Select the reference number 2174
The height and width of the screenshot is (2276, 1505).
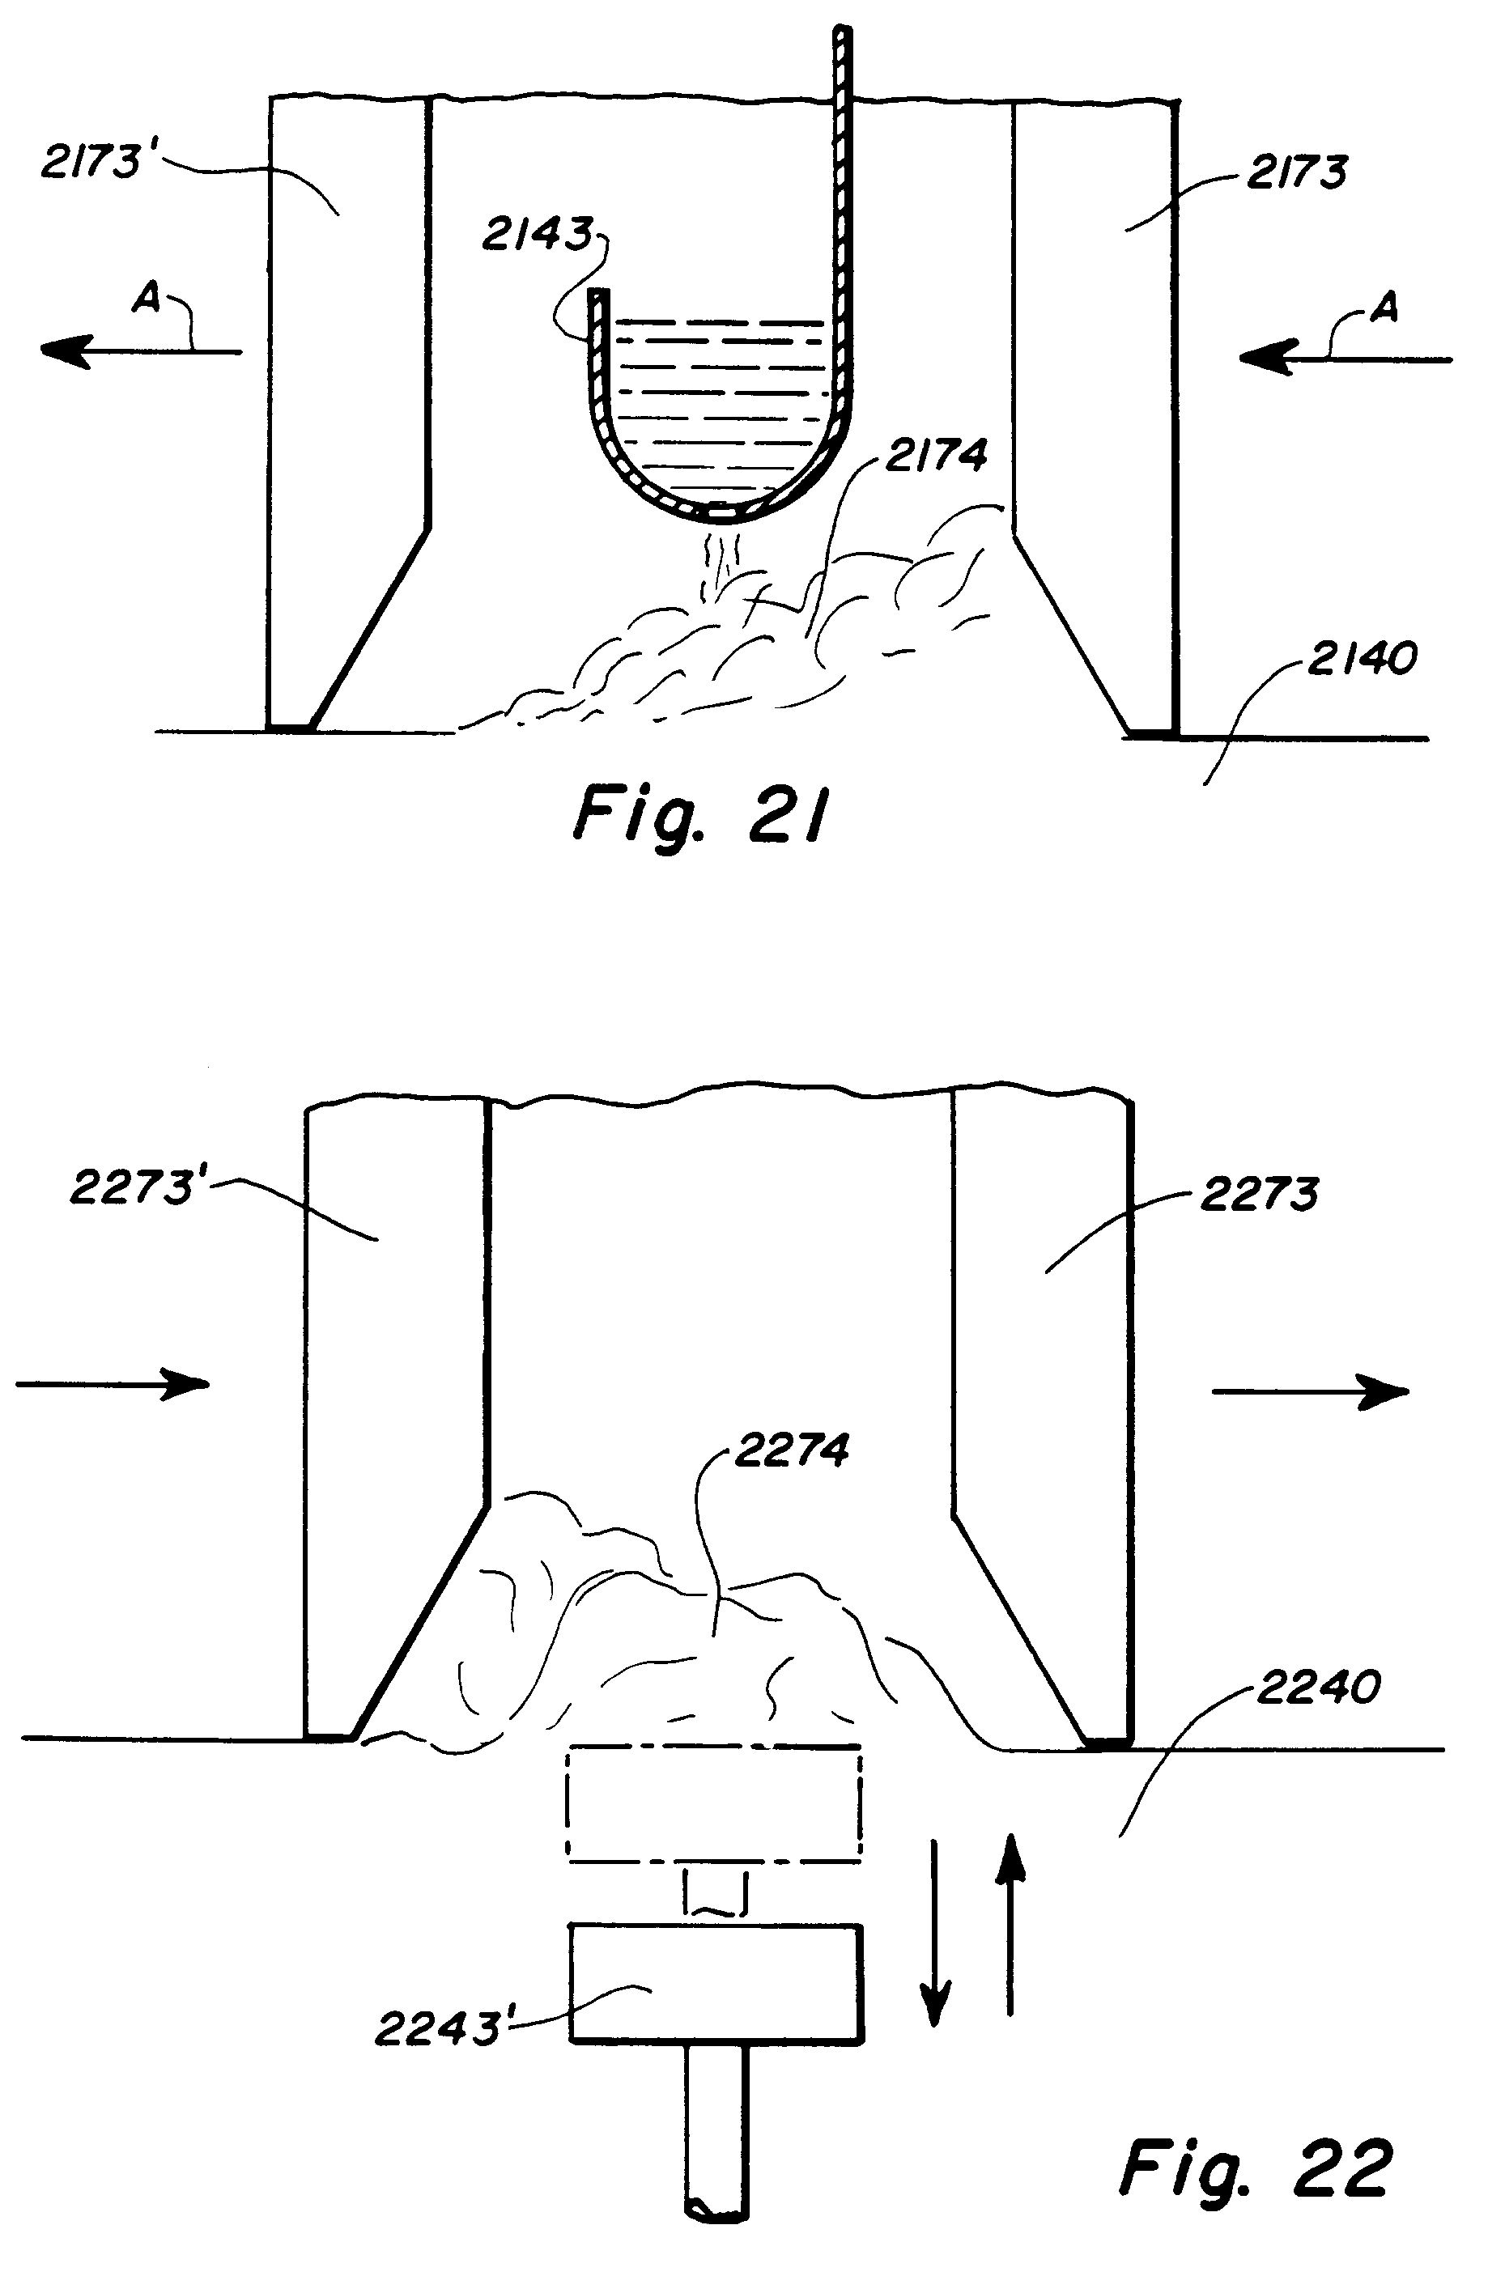point(935,454)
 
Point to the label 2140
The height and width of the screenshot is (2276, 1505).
point(1361,659)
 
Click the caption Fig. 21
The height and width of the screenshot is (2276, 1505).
point(699,813)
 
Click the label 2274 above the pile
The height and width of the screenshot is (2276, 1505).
point(791,1450)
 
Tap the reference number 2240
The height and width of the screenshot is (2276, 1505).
point(1317,1687)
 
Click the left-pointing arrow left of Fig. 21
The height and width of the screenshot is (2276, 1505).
point(139,351)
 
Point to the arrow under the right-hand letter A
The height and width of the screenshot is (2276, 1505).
point(1344,359)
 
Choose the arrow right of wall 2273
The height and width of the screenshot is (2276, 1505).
point(1310,1391)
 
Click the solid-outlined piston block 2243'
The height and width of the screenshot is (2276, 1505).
point(716,1982)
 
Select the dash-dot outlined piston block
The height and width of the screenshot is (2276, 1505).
point(714,1805)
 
